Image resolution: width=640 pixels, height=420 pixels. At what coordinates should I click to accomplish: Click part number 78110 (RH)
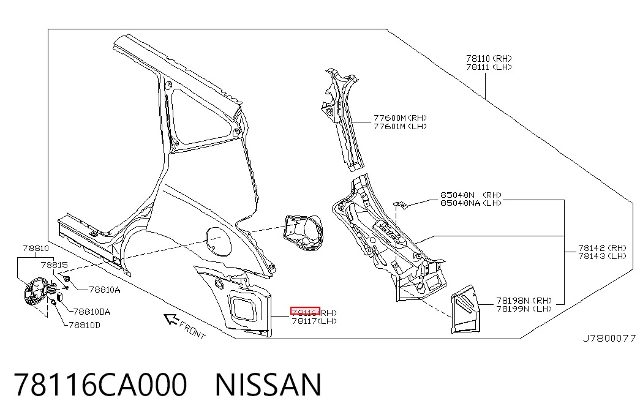(x=489, y=59)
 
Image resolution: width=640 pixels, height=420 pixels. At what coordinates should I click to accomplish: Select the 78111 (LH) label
(x=489, y=67)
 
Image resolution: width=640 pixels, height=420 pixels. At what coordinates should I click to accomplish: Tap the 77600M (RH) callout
(x=400, y=118)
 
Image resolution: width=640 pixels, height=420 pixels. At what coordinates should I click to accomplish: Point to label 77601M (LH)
(x=400, y=127)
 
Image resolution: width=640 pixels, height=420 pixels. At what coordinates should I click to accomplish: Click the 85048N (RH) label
(x=470, y=195)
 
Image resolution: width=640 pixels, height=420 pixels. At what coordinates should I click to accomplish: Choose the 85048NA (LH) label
(x=470, y=203)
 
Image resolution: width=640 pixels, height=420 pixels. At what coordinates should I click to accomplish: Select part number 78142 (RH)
(x=602, y=248)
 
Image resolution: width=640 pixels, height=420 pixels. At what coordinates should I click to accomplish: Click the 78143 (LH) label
(x=602, y=256)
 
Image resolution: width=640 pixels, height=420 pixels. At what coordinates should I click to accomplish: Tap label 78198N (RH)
(x=524, y=301)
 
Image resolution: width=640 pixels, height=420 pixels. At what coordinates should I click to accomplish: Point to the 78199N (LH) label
(x=524, y=309)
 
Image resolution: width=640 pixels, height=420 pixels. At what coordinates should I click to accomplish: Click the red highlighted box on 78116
(x=305, y=312)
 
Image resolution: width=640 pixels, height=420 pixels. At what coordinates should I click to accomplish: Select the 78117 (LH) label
(x=314, y=321)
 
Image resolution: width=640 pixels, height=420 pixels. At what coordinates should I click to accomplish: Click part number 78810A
(x=105, y=290)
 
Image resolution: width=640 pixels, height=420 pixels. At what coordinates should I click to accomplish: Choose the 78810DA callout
(x=91, y=312)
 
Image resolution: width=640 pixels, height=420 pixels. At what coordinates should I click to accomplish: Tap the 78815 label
(x=55, y=265)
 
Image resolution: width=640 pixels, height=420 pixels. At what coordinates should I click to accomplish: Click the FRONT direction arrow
(x=171, y=319)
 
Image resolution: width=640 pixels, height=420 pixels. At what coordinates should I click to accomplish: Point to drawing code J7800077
(x=609, y=339)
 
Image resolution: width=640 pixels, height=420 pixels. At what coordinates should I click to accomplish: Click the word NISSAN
(x=268, y=384)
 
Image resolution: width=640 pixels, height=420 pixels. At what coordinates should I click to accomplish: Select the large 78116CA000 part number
(x=100, y=384)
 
